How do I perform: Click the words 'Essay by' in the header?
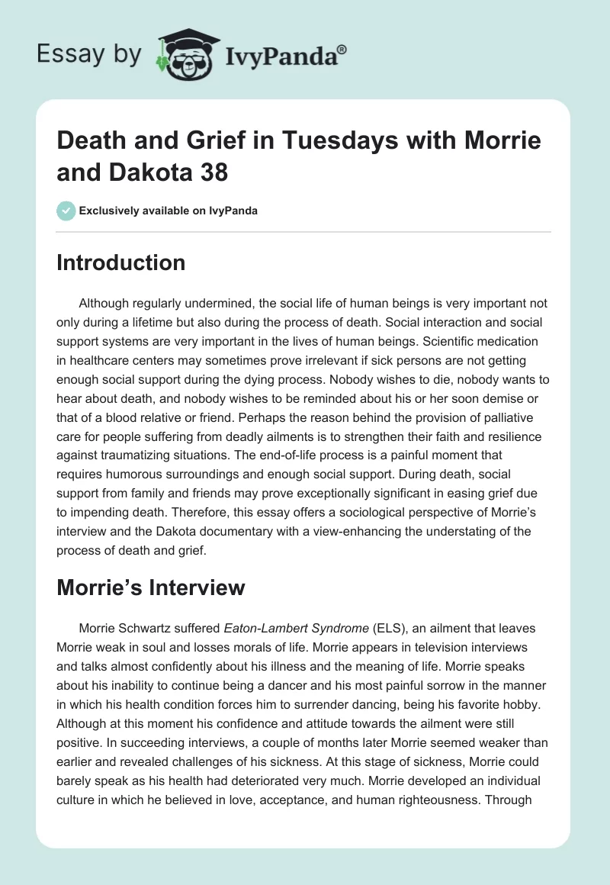89,53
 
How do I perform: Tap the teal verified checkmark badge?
66,211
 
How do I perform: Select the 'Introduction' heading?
120,262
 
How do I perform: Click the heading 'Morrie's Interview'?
150,587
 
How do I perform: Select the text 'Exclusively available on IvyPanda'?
169,211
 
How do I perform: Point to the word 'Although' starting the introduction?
104,303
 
